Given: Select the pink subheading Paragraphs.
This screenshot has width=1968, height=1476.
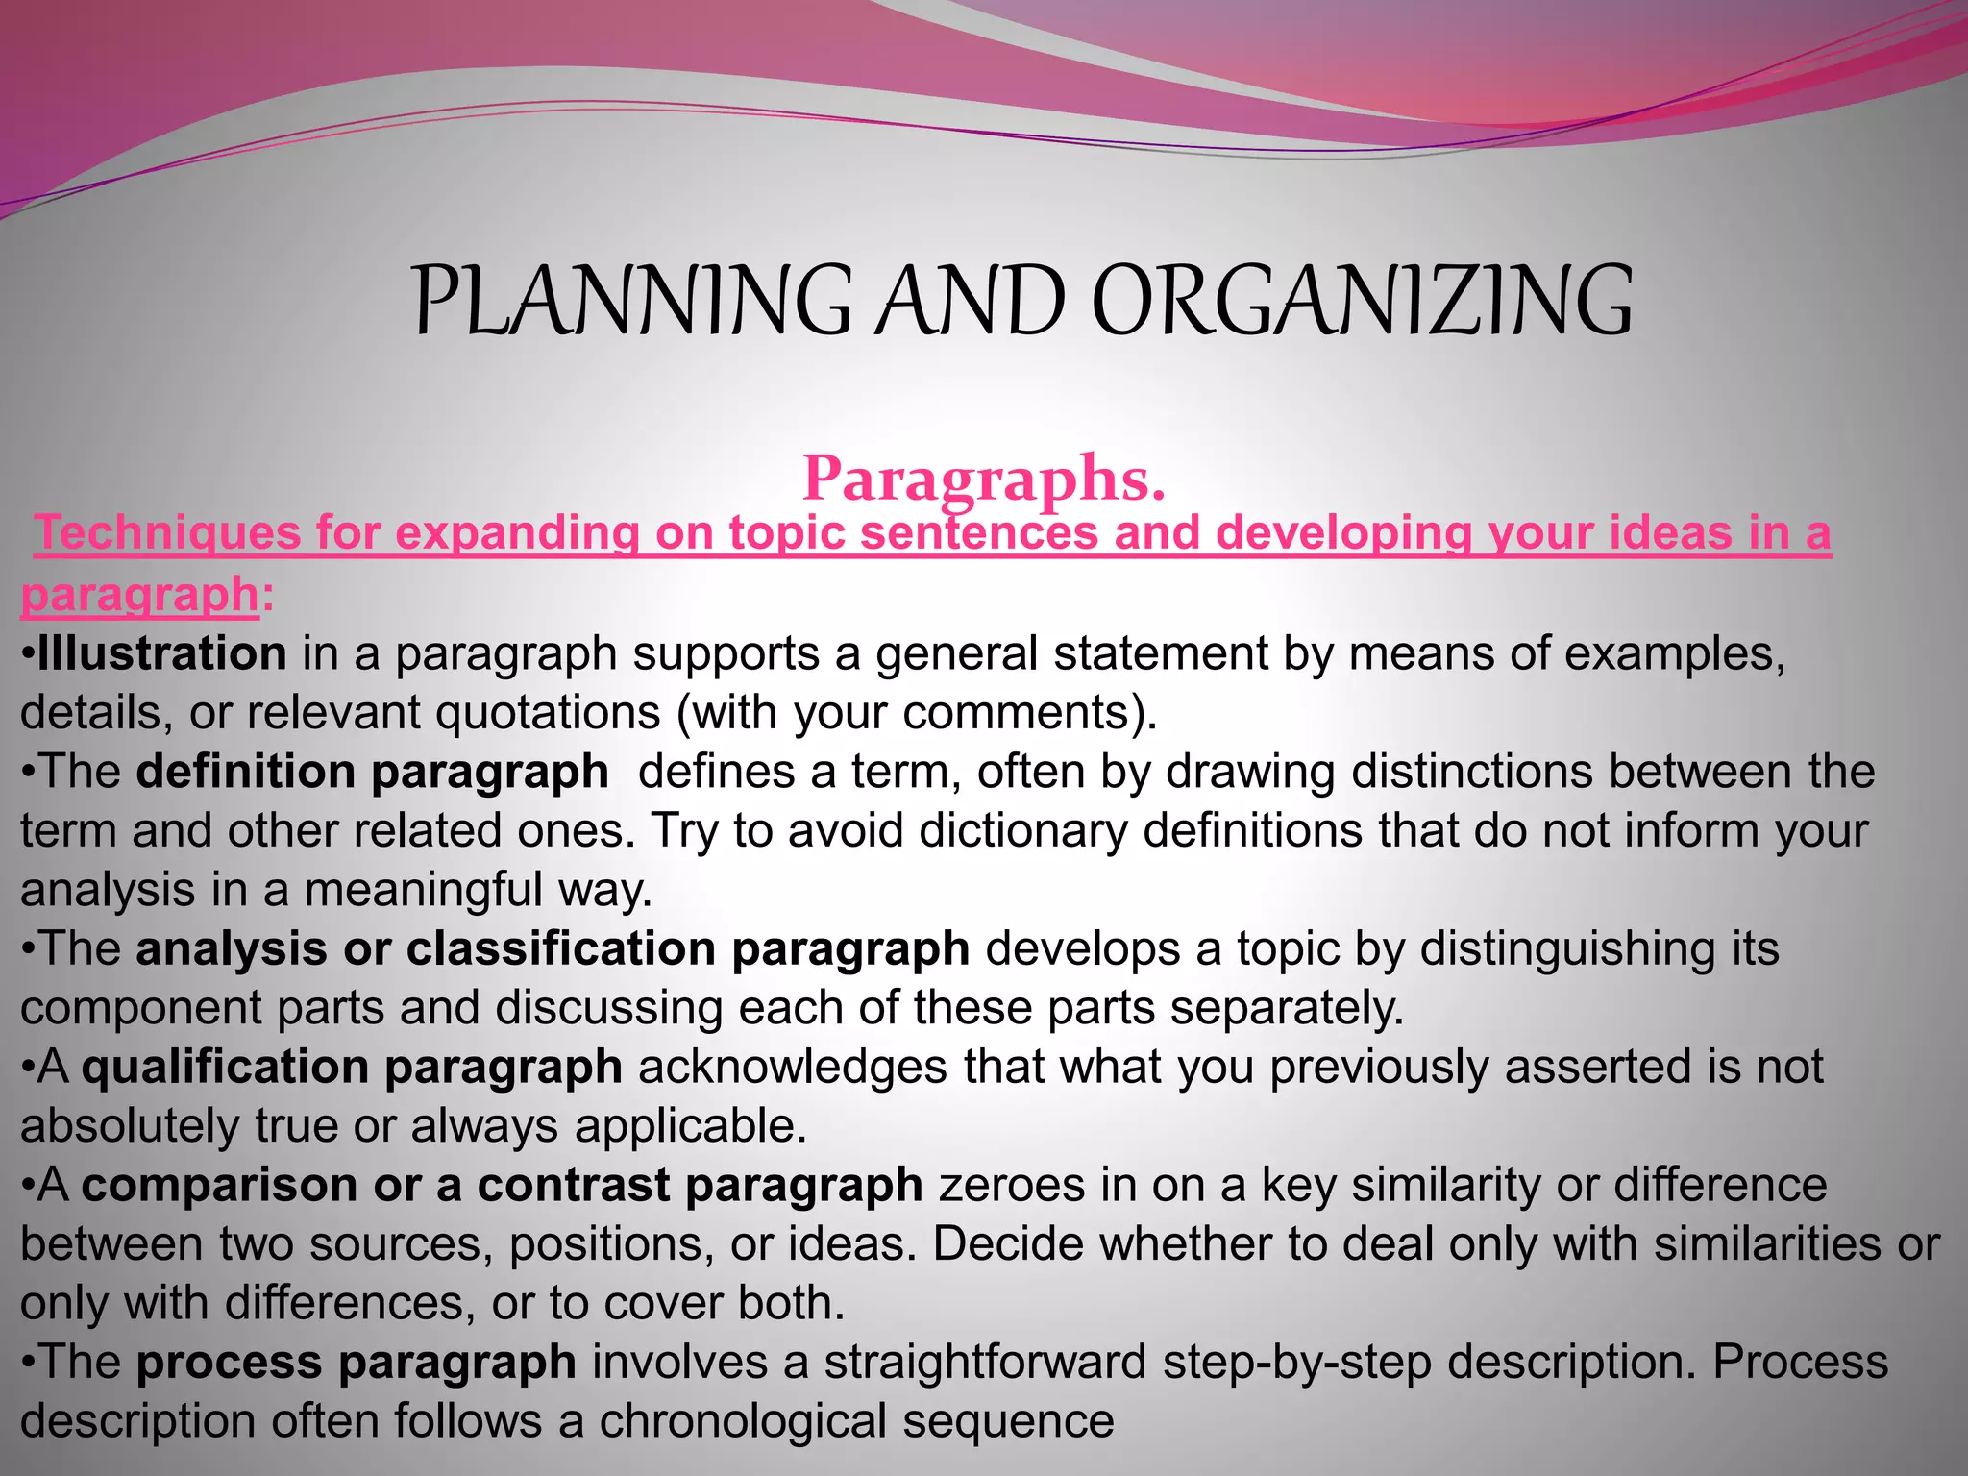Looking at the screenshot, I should point(984,478).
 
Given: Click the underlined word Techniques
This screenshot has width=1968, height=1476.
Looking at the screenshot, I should point(167,534).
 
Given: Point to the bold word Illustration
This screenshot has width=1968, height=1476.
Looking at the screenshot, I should point(161,653).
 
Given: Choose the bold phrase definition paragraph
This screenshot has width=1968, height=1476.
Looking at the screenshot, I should point(372,773).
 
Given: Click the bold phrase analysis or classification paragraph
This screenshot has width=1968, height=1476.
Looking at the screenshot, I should point(553,949).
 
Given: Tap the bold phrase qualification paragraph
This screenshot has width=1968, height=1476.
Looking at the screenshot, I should point(352,1068).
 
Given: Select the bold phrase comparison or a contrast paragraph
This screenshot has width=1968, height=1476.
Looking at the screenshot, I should point(502,1185).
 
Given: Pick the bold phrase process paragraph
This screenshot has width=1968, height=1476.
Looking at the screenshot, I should point(356,1363).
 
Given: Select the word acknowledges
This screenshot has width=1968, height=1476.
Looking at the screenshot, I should point(793,1068).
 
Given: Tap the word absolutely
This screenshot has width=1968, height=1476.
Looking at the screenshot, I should point(130,1126).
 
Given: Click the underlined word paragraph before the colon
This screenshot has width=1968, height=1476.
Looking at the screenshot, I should point(139,596).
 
